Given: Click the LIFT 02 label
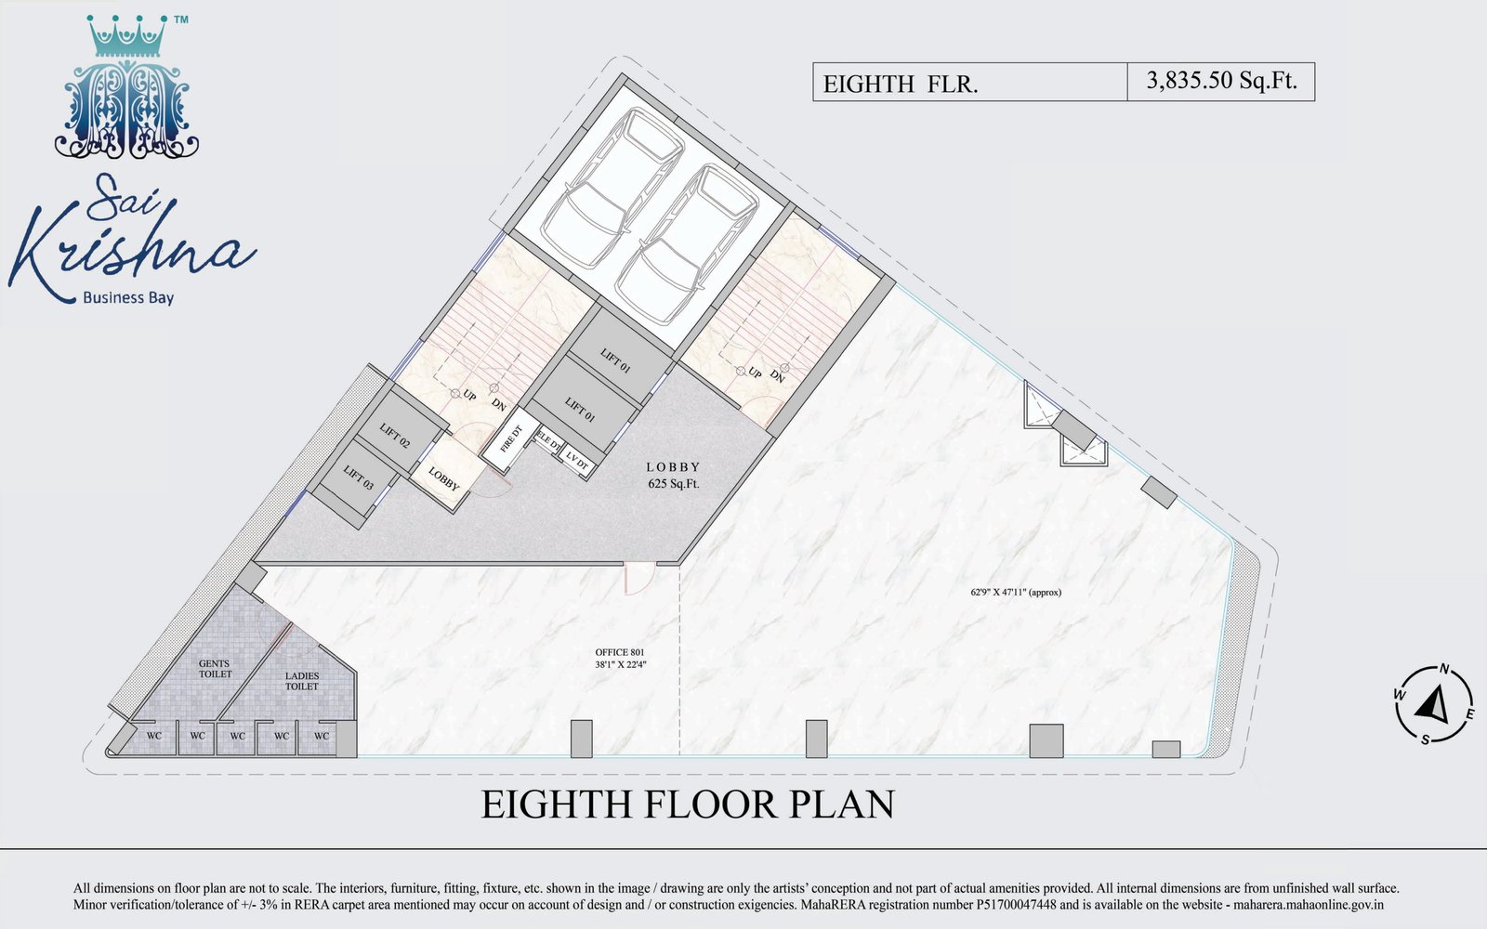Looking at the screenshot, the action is pyautogui.click(x=394, y=436).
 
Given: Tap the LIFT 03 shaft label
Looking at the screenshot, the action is pyautogui.click(x=359, y=478).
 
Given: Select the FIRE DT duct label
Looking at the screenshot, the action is pyautogui.click(x=511, y=438).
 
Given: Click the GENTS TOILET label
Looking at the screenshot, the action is pyautogui.click(x=215, y=669).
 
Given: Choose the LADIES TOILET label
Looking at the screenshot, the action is pyautogui.click(x=302, y=682).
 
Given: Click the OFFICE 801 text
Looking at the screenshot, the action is pyautogui.click(x=619, y=652).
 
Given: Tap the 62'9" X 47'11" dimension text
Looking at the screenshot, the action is pyautogui.click(x=1016, y=593).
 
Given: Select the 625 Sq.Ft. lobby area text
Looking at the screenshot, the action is pyautogui.click(x=673, y=484).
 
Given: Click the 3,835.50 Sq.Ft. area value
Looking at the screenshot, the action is pyautogui.click(x=1221, y=80).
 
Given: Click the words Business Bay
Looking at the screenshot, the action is pyautogui.click(x=128, y=298).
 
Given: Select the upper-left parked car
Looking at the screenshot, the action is pyautogui.click(x=612, y=180).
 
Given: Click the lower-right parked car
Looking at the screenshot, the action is pyautogui.click(x=686, y=245).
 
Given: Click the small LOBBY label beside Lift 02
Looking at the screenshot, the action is pyautogui.click(x=443, y=478).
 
